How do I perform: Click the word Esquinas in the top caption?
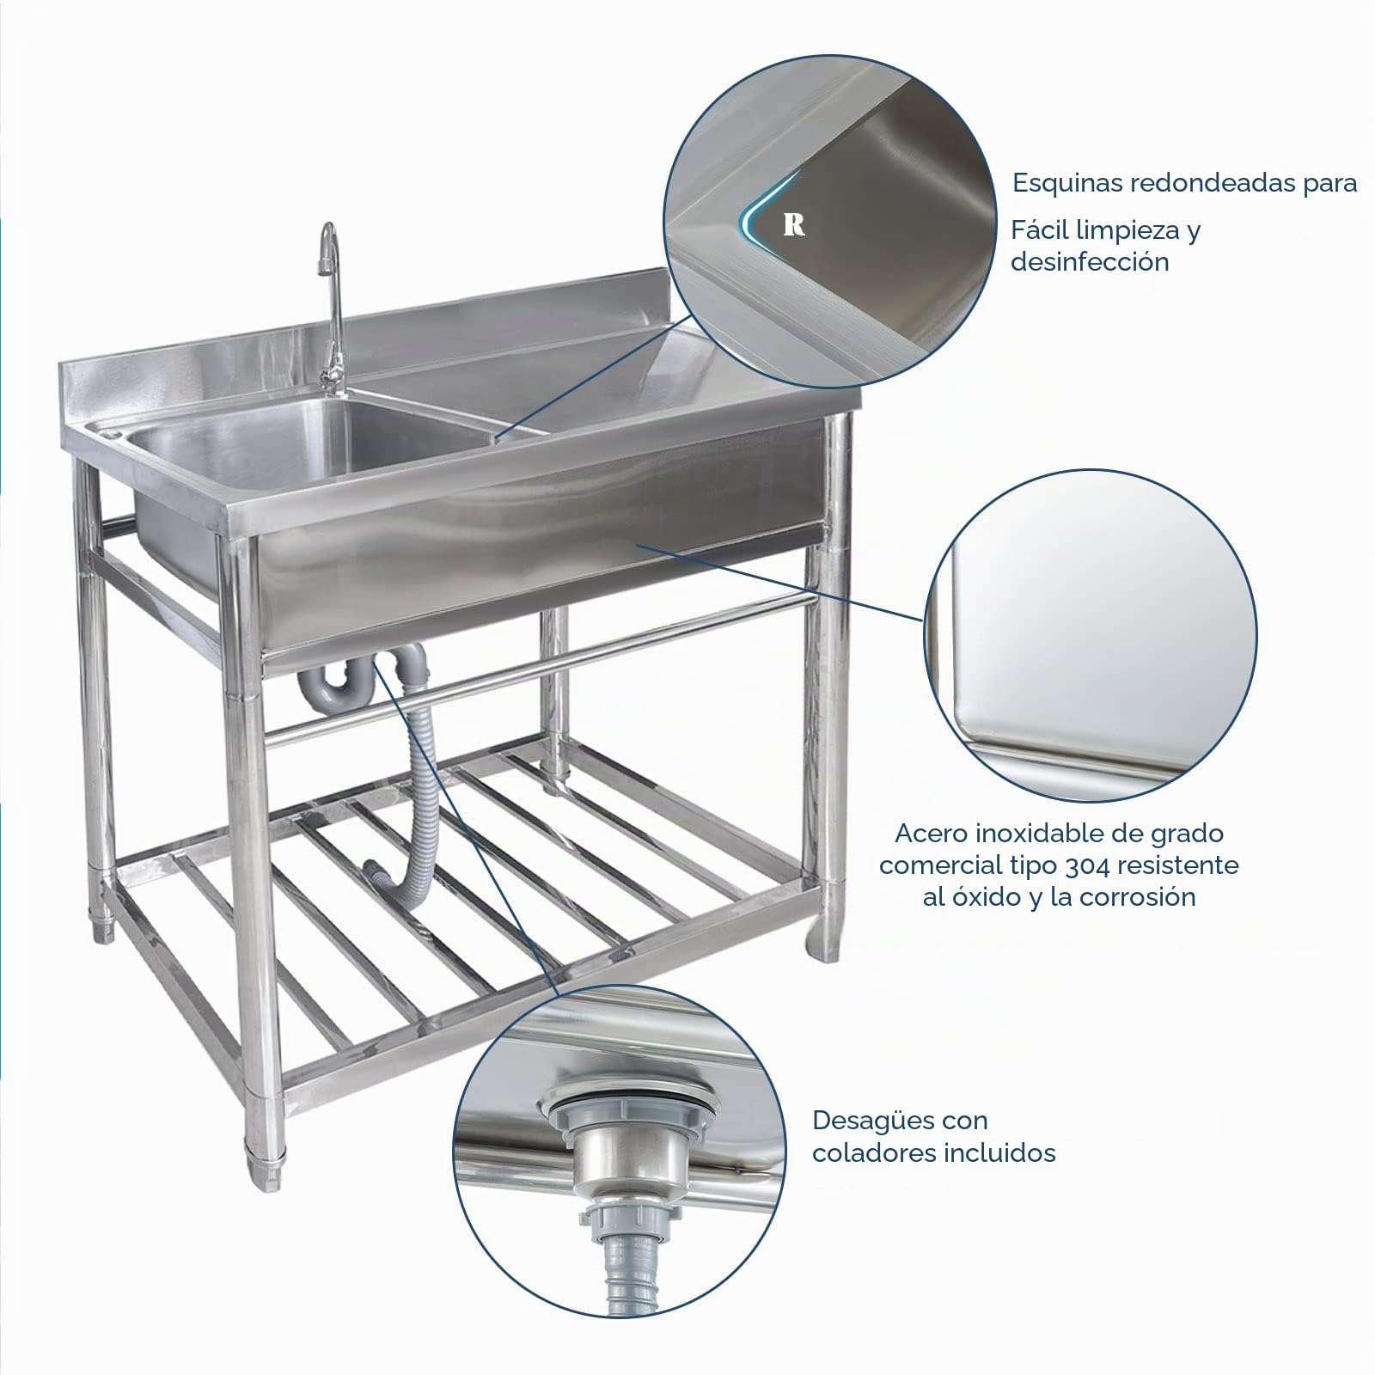[x=1066, y=184]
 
